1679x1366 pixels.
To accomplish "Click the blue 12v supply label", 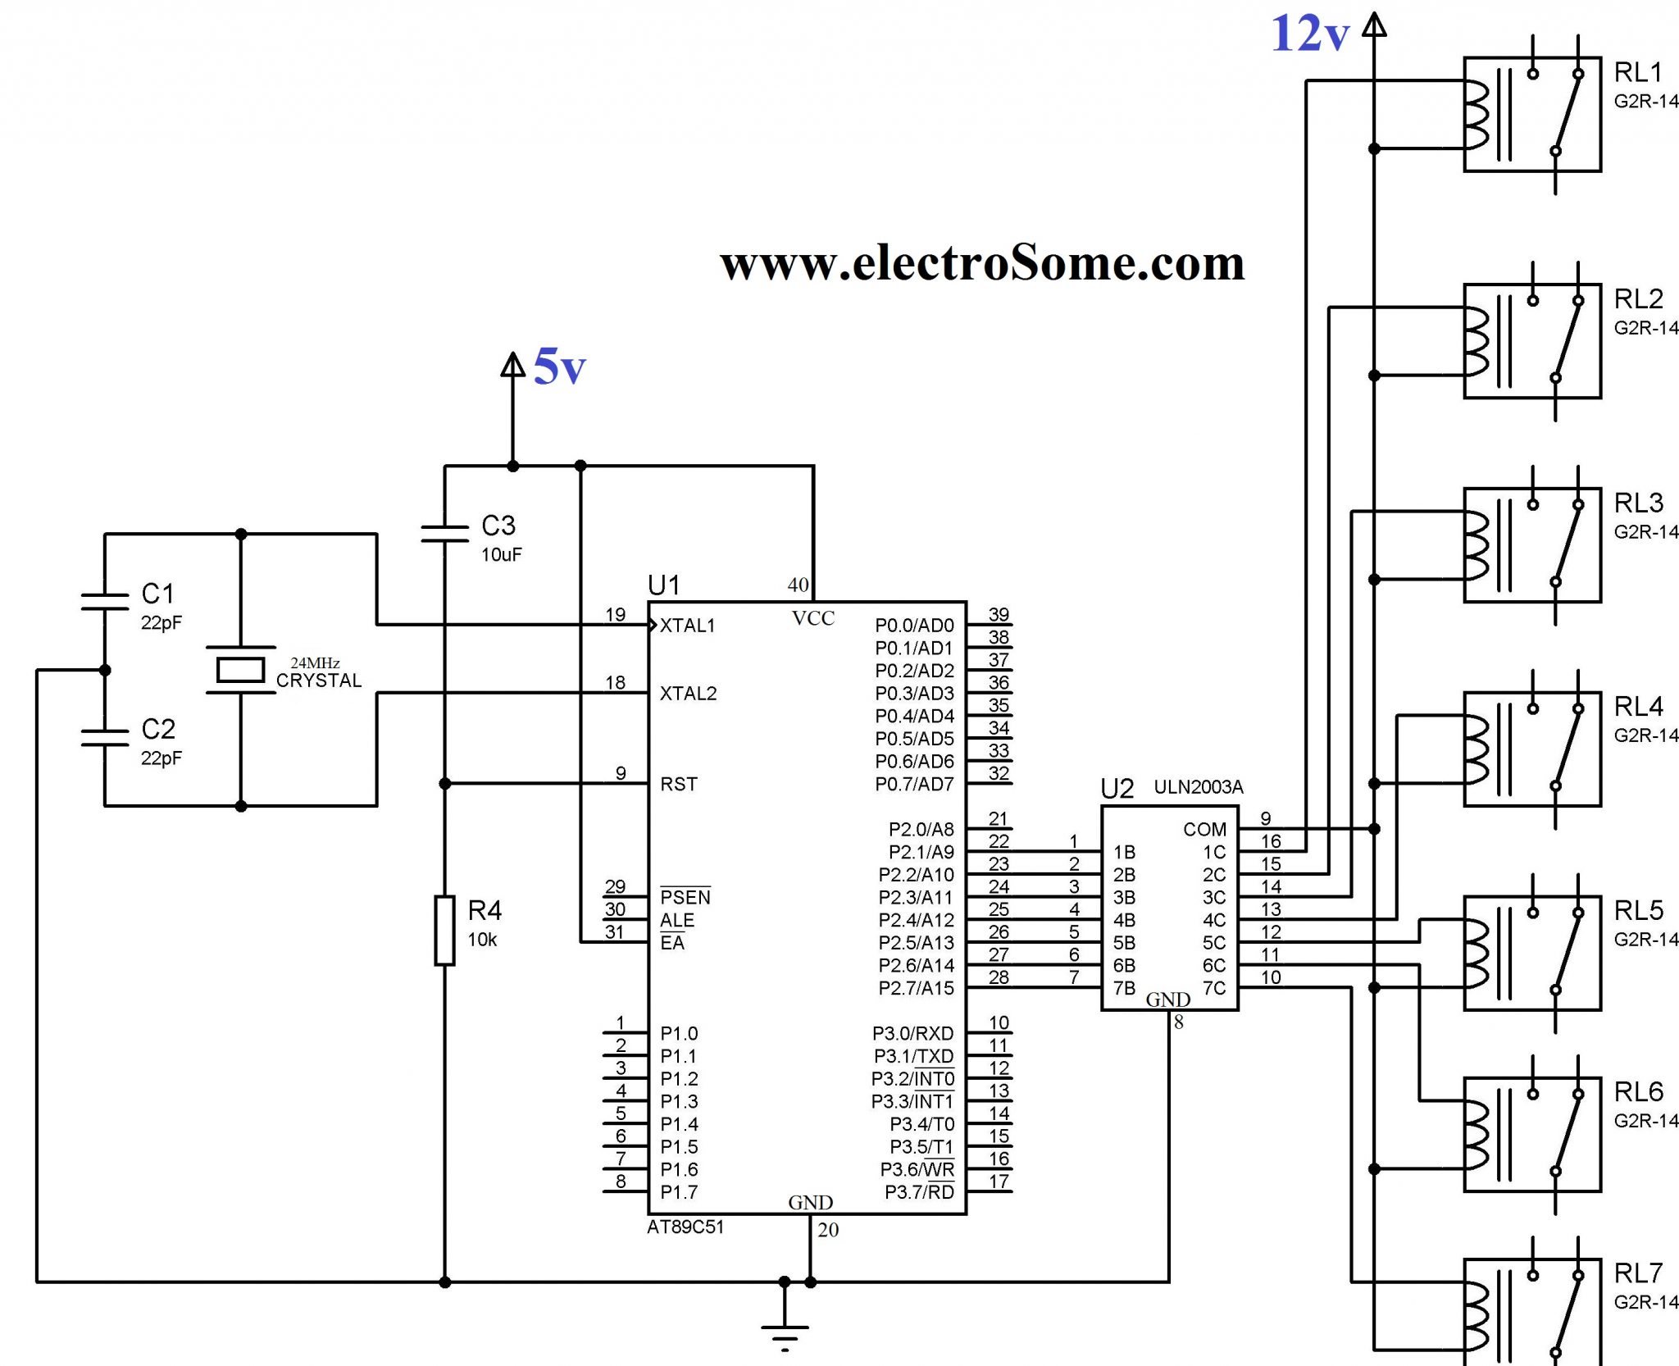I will click(x=1309, y=34).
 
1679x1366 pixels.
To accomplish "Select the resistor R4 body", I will click(x=444, y=930).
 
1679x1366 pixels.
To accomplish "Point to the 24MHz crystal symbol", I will click(x=240, y=670).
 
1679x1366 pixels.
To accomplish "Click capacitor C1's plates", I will click(x=105, y=601).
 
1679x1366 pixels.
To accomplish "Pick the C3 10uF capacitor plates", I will click(x=444, y=534).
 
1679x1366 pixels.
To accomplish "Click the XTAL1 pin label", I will click(x=687, y=626).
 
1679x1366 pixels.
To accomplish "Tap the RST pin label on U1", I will click(x=679, y=784).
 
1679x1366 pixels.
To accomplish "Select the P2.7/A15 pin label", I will click(x=916, y=988).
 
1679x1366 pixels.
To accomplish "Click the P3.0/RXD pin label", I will click(x=912, y=1033).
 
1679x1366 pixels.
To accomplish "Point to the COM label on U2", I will click(x=1204, y=829).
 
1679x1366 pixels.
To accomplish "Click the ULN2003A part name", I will click(x=1198, y=787).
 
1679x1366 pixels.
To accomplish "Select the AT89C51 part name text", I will click(x=685, y=1227).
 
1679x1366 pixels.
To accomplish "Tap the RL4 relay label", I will click(x=1638, y=706).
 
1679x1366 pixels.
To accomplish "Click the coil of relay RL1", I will click(x=1476, y=115).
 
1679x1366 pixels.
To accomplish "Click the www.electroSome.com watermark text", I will click(x=982, y=263).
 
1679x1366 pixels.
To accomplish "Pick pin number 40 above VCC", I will click(x=798, y=585).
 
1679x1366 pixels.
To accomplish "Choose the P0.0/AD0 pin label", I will click(x=914, y=626).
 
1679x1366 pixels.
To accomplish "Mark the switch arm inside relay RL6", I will click(x=1567, y=1132).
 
